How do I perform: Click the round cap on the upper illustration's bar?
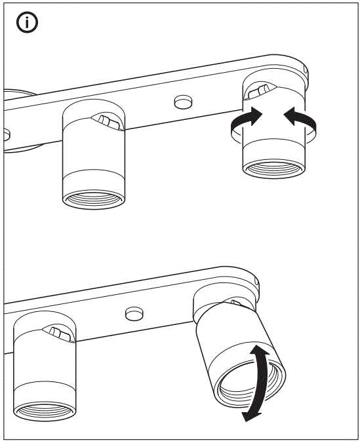[x=183, y=101]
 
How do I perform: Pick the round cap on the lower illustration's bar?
[x=134, y=312]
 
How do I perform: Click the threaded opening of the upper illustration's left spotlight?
[x=94, y=199]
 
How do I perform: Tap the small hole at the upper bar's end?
[x=306, y=67]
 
